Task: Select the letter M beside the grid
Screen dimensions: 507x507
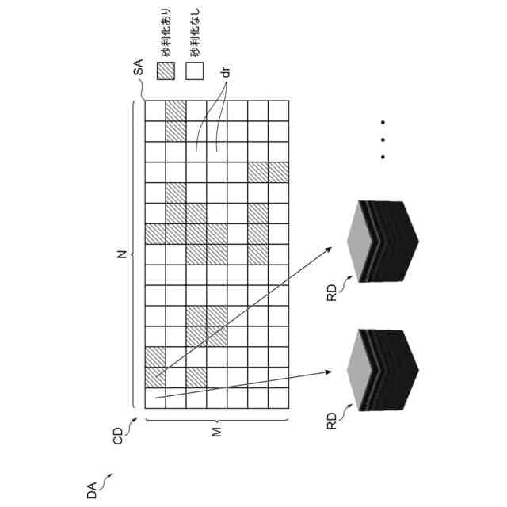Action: [215, 430]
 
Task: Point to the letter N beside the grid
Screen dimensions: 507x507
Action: [121, 254]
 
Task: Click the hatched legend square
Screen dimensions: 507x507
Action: [166, 71]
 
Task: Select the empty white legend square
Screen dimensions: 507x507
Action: [194, 71]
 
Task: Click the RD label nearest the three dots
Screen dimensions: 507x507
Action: [332, 292]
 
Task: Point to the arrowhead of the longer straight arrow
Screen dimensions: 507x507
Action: [330, 249]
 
